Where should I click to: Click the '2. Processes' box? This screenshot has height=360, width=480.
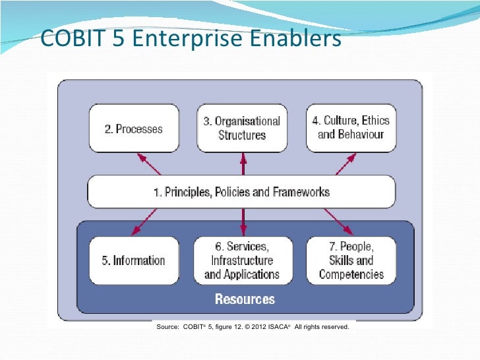click(134, 129)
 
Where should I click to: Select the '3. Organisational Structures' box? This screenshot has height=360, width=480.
click(242, 128)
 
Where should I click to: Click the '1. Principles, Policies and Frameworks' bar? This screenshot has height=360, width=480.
click(241, 192)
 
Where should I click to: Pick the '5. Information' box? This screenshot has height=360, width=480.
click(134, 260)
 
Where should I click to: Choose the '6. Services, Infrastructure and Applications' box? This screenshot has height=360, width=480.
click(242, 260)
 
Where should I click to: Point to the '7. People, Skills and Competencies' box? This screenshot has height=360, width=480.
click(351, 260)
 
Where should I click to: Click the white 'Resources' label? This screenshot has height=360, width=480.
click(245, 299)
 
